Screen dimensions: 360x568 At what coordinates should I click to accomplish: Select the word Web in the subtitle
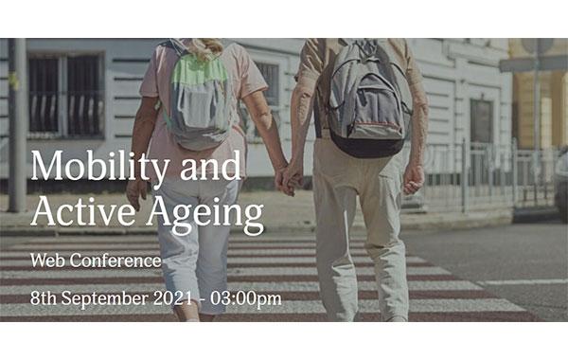tap(47, 260)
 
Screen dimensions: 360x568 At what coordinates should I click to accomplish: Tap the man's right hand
tap(413, 178)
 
